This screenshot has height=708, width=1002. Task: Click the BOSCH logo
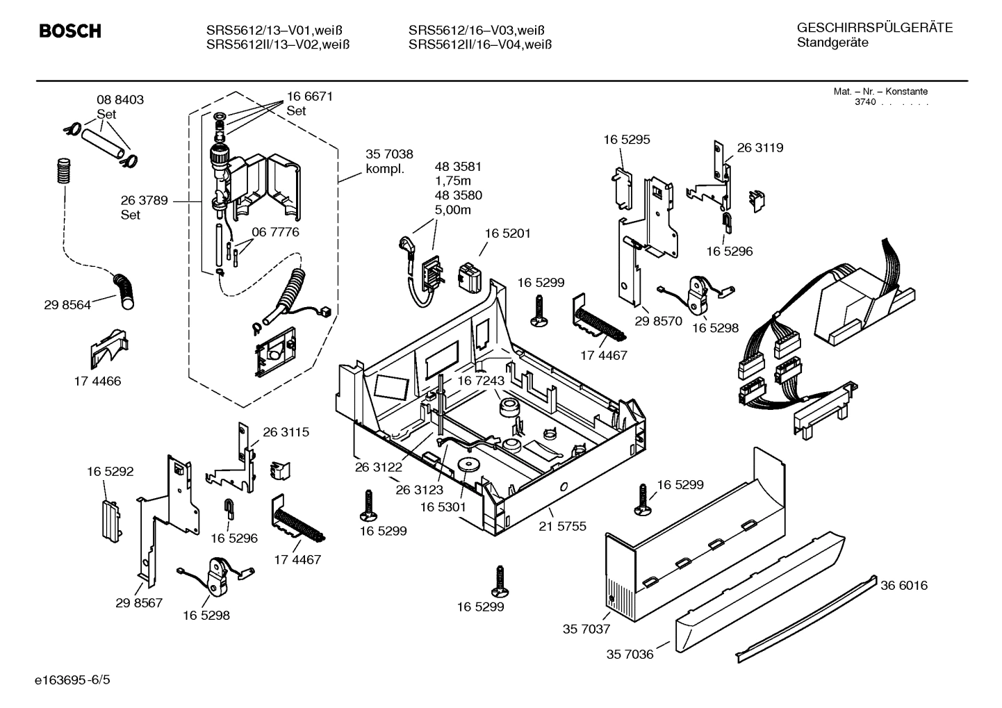70,31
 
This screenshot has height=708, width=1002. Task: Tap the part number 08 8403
120,100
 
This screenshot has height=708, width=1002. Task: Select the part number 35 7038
389,155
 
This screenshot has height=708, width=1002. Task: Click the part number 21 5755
562,527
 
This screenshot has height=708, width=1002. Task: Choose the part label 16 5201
507,233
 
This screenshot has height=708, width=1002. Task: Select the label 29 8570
658,321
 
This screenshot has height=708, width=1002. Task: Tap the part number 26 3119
759,147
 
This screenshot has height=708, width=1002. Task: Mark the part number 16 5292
110,472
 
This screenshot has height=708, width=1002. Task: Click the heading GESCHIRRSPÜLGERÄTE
874,28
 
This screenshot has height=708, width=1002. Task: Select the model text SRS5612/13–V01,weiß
274,31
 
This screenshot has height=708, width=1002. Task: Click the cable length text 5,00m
453,210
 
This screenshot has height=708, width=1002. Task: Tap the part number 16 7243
480,381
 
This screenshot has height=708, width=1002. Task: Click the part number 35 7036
630,655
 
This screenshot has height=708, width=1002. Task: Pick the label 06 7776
275,232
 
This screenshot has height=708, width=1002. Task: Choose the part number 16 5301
443,508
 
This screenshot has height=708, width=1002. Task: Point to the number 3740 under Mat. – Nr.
865,102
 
